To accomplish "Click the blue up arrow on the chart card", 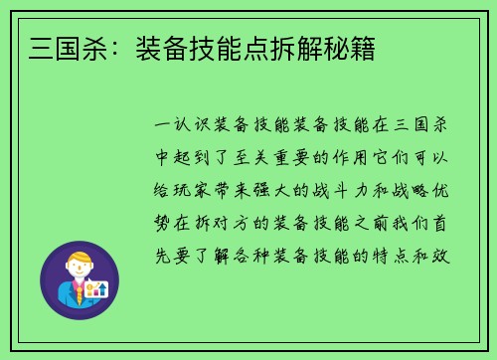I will pos(101,288).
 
